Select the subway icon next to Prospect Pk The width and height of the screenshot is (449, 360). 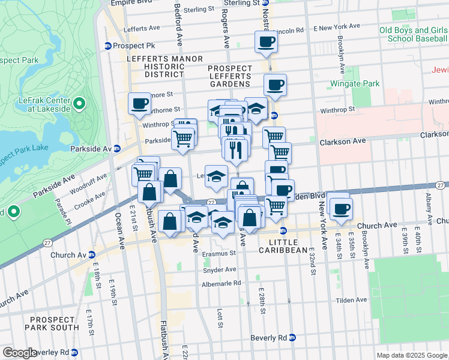108,46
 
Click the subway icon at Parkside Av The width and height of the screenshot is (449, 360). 118,148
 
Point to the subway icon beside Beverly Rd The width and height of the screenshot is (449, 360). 292,338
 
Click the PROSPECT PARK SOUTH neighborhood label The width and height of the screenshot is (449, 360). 51,324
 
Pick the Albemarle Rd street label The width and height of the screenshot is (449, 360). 221,283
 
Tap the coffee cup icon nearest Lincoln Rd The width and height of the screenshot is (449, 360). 266,42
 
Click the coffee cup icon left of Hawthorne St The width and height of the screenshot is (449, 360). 139,103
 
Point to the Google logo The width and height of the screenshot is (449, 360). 19,353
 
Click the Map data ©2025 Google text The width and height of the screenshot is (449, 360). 412,355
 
